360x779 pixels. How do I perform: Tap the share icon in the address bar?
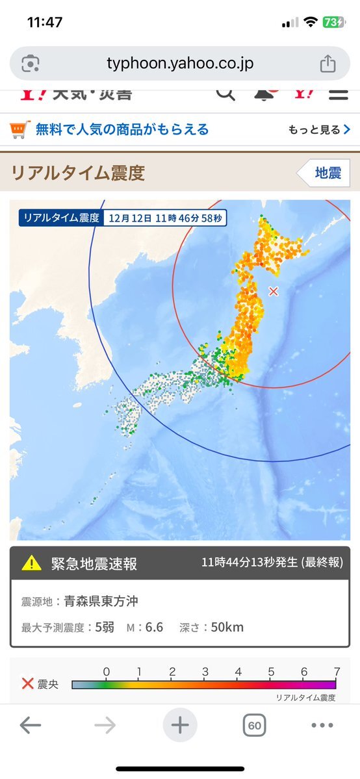(328, 64)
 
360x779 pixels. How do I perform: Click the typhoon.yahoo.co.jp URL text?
(180, 64)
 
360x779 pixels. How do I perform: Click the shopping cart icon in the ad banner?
(20, 129)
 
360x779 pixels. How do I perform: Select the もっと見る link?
(319, 130)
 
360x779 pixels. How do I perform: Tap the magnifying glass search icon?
(225, 94)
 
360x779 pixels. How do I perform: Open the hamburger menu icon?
(338, 94)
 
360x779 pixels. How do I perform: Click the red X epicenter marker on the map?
(274, 291)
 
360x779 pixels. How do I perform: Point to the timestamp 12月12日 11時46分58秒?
(166, 218)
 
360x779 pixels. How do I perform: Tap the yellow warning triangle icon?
(31, 563)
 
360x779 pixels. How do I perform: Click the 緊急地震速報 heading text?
(94, 563)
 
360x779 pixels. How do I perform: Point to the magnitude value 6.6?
(154, 627)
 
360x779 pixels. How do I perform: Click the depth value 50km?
(227, 627)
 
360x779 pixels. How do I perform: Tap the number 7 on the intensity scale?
(335, 671)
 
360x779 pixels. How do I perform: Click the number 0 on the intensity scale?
(107, 671)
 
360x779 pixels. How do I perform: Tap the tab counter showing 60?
(255, 725)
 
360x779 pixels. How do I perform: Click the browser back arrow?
(31, 725)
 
